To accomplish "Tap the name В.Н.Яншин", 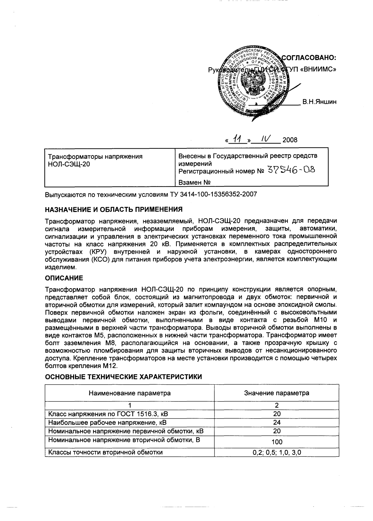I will pos(319,102).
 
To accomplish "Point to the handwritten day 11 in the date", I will pos(237,138).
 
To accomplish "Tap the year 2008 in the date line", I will pos(290,140).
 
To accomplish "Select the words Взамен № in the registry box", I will pos(194,183).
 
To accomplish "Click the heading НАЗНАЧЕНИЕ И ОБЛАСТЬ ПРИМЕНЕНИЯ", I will pos(114,209).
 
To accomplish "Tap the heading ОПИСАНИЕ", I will pos(64,278).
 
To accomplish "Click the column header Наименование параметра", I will pos(130,393).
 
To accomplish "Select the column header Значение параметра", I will pos(276,393).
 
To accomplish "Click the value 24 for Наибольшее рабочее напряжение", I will pos(276,422).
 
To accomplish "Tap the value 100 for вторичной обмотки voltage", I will pos(276,442).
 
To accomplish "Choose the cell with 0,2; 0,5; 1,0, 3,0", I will pos(276,452).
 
